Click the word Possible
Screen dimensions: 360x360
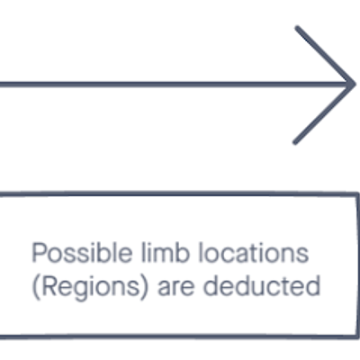pos(82,253)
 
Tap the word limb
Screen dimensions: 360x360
pos(166,252)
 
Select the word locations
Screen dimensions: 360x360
pos(254,253)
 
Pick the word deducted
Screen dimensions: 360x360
pos(262,285)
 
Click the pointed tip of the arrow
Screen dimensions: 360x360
pos(355,85)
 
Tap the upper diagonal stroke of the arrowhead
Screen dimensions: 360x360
pos(325,56)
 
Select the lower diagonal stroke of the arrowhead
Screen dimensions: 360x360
pos(324,113)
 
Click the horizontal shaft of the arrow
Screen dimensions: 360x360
pos(177,85)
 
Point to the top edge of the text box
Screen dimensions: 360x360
pos(179,193)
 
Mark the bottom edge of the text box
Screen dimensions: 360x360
pos(179,337)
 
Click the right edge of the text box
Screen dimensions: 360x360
pos(356,265)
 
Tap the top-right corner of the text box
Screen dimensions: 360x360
pos(356,194)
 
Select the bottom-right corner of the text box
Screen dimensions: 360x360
pos(356,337)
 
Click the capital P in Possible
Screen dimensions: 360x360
pos(39,253)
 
